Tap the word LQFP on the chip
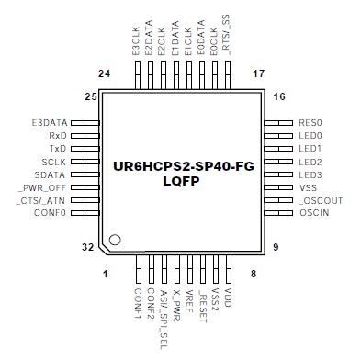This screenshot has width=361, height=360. (181, 182)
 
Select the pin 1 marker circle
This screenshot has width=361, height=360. (115, 241)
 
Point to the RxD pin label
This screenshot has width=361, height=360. (58, 135)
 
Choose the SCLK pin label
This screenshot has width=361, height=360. (54, 161)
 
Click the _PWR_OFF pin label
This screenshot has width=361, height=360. (43, 187)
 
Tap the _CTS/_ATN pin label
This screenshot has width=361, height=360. (42, 200)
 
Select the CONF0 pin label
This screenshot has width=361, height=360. (50, 213)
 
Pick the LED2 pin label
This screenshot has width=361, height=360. (310, 162)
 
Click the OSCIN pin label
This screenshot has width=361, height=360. (312, 213)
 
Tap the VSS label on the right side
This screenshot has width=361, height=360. (308, 187)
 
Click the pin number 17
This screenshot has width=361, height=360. (258, 73)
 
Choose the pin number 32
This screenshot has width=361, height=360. (89, 248)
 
